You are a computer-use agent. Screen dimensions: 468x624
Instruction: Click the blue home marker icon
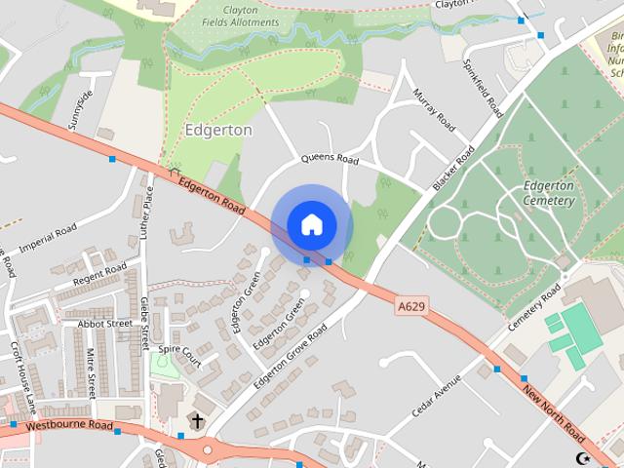pyautogui.click(x=311, y=225)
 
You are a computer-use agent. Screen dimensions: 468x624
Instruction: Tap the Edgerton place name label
pyautogui.click(x=218, y=130)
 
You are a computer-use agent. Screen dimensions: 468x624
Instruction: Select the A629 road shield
pyautogui.click(x=412, y=306)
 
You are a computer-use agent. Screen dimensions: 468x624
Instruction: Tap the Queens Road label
pyautogui.click(x=330, y=158)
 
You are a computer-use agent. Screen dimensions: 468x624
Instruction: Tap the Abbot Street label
pyautogui.click(x=104, y=324)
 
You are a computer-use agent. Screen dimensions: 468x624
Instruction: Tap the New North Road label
pyautogui.click(x=554, y=411)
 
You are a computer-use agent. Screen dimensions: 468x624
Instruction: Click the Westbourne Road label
pyautogui.click(x=70, y=426)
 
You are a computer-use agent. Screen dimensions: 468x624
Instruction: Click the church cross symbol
pyautogui.click(x=197, y=421)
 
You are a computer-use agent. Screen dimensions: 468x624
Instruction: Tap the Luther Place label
pyautogui.click(x=148, y=209)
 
